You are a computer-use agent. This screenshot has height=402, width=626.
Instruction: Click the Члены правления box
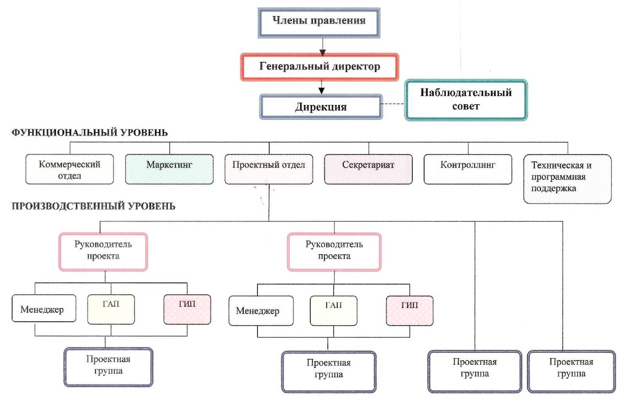pos(319,23)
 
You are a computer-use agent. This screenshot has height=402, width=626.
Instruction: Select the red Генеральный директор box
pos(319,67)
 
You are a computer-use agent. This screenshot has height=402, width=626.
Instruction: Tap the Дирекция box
pos(321,107)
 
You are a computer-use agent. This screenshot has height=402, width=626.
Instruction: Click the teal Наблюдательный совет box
pos(466,100)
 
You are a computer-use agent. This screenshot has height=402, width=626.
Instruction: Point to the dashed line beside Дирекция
pos(393,104)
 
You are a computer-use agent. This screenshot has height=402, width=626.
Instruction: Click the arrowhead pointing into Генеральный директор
pos(322,52)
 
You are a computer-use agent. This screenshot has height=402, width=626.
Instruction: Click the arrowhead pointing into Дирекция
pos(321,91)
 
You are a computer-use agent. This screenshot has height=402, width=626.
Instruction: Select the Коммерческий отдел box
pos(70,169)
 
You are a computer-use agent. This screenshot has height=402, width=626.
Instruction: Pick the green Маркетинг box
pos(169,169)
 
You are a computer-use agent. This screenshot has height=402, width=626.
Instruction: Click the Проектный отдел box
pos(269,169)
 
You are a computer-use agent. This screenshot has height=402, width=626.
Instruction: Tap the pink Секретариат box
pos(368,169)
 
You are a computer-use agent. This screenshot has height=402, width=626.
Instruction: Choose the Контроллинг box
pos(468,169)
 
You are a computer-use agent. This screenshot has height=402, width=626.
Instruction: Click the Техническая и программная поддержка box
pos(567,179)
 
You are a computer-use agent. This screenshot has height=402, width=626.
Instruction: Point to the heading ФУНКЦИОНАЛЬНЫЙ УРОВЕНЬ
pos(90,132)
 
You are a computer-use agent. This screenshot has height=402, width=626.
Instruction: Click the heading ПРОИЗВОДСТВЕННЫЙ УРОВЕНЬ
pos(94,206)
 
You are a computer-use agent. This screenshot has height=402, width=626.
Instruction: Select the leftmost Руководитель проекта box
pos(103,252)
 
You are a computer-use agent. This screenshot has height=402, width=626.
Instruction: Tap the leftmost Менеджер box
pos(44,308)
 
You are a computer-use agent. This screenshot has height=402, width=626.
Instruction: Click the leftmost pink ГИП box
pos(187,310)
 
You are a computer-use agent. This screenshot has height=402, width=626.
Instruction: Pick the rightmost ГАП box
pos(334,311)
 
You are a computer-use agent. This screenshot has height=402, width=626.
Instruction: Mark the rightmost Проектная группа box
pos(572,371)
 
